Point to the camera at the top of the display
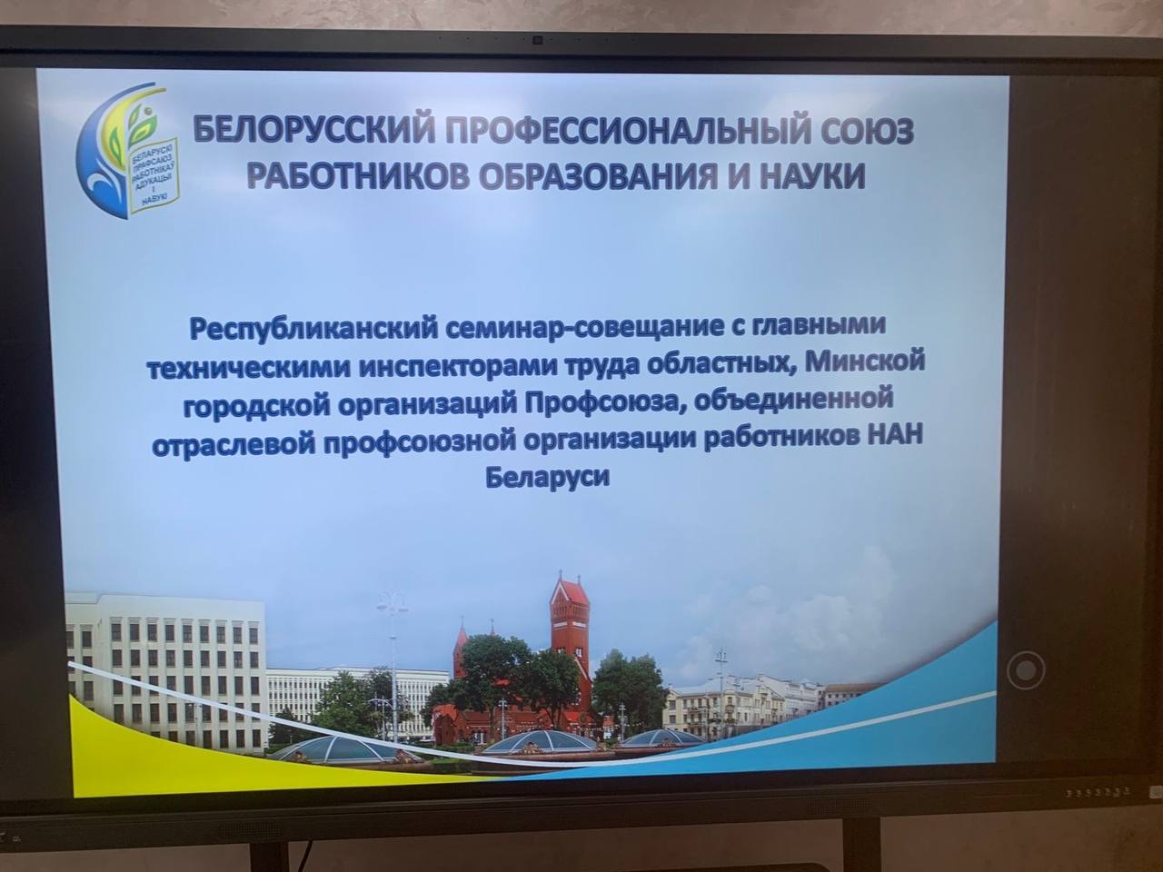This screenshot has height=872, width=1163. tap(538, 40)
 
